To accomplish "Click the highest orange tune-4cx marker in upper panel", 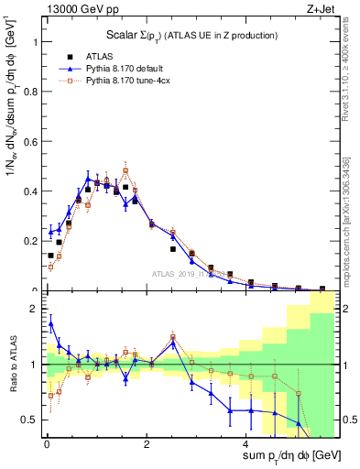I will (x=125, y=170).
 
